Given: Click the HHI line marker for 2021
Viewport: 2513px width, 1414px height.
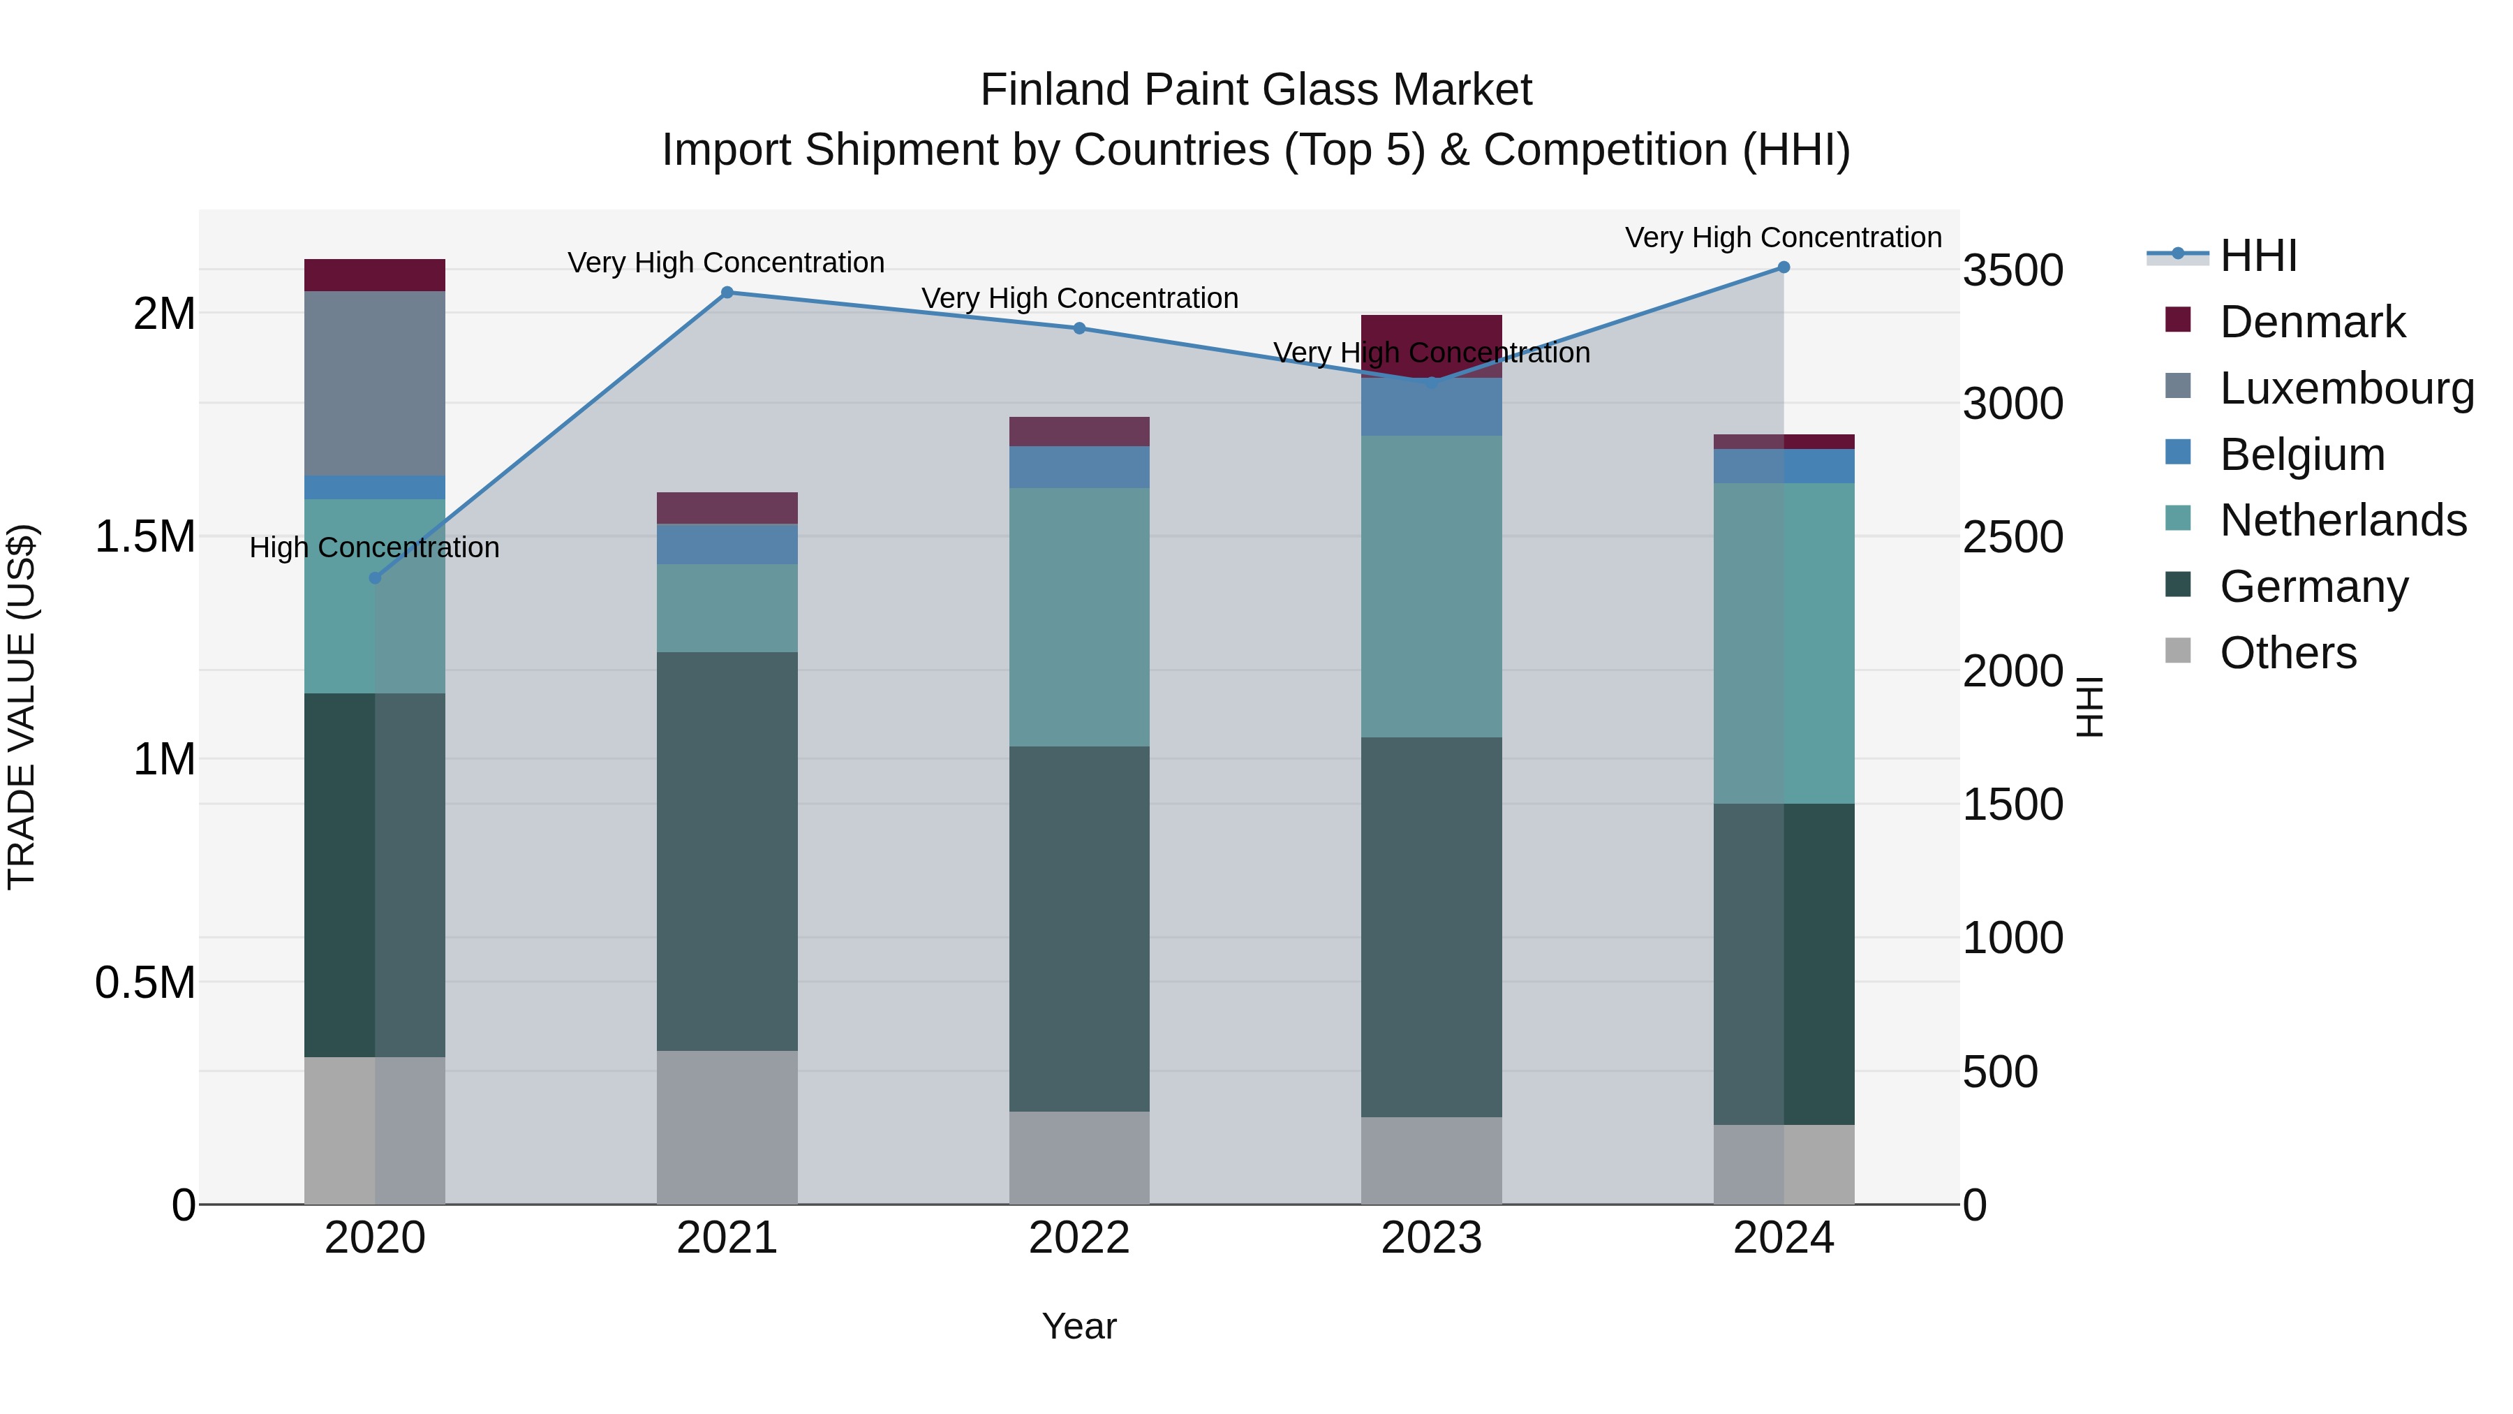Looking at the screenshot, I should click(x=727, y=293).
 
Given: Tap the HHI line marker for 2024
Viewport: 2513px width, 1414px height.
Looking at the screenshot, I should click(x=1784, y=267).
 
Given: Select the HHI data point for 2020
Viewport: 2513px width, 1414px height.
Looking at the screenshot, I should click(x=375, y=577).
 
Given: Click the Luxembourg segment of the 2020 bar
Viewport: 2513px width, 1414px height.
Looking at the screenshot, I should click(x=375, y=383).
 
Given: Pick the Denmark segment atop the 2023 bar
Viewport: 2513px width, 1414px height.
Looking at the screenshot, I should click(x=1431, y=332).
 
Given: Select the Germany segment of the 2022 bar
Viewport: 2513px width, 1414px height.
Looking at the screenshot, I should click(x=1079, y=929).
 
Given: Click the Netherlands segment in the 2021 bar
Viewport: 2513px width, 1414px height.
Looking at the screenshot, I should click(x=727, y=608).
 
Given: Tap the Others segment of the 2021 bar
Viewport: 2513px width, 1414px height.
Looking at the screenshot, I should click(x=727, y=1127).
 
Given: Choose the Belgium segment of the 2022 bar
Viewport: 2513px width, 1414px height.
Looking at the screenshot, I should click(x=1079, y=466).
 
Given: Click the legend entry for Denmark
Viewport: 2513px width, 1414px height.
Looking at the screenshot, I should click(x=2312, y=322).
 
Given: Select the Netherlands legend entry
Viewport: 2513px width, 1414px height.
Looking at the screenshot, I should click(x=2342, y=520).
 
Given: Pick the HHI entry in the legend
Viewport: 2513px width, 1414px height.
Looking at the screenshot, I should click(x=2258, y=256).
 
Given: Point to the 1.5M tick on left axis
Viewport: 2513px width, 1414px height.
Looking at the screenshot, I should click(x=144, y=537).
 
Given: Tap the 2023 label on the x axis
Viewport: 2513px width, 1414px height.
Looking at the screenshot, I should click(x=1431, y=1238).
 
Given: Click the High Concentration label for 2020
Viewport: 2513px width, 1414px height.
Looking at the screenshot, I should click(x=375, y=547).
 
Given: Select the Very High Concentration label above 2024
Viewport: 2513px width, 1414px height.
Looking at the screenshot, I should click(x=1784, y=237).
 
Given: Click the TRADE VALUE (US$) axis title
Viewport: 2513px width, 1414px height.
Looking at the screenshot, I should click(x=22, y=707).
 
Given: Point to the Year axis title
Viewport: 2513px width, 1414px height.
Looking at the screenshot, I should click(x=1079, y=1326).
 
